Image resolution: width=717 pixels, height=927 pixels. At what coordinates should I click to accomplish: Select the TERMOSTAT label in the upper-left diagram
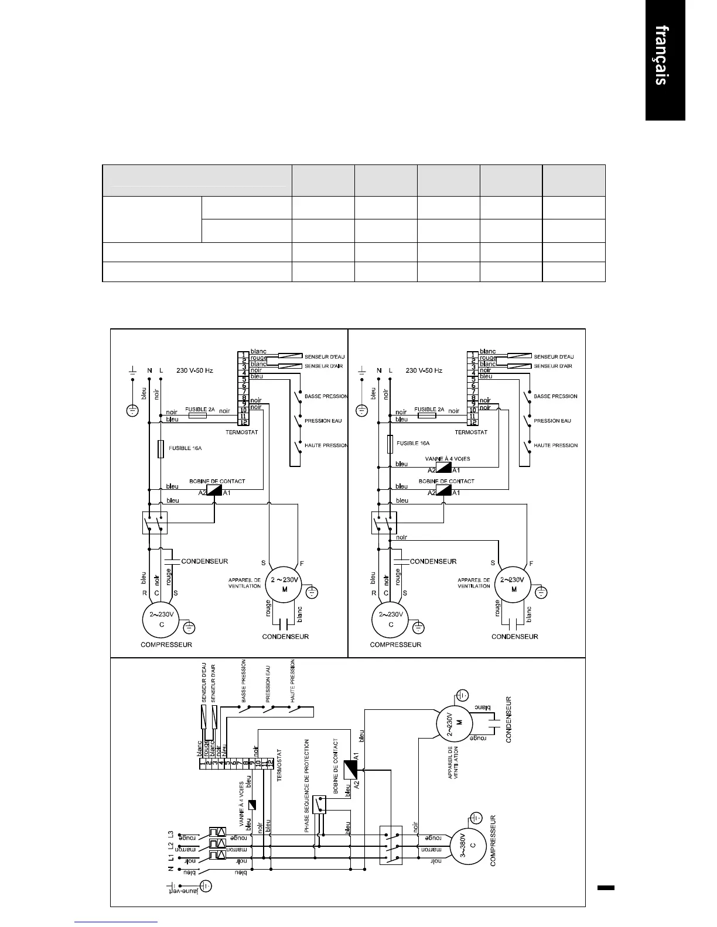[242, 432]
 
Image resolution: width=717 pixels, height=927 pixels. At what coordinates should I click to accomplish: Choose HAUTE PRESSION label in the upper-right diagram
[555, 445]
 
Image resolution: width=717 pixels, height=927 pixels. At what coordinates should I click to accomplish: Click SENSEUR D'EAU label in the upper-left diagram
[324, 356]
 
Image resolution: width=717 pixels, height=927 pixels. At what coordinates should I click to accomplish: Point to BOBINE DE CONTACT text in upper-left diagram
[217, 481]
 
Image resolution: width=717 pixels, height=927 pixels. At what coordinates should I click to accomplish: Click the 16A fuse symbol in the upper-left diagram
[161, 449]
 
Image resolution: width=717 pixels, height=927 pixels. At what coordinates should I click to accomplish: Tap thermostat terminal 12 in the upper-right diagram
[472, 422]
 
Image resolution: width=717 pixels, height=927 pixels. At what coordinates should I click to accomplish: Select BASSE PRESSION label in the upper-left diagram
[326, 396]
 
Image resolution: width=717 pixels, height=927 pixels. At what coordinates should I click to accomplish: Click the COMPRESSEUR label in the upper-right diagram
[395, 645]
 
